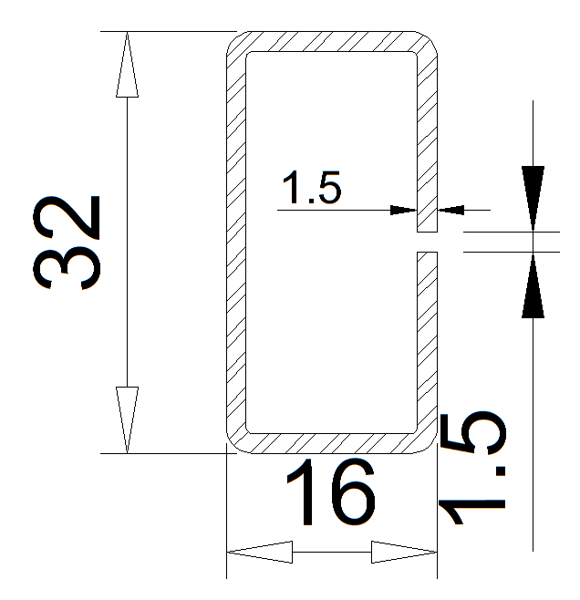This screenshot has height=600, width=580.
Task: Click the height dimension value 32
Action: [x=67, y=243]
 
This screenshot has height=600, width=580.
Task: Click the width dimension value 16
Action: [x=331, y=492]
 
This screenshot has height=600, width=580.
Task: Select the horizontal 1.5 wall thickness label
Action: [x=311, y=187]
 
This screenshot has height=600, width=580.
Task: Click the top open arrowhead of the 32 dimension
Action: [x=127, y=64]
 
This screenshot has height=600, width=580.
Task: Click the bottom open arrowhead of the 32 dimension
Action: [x=127, y=419]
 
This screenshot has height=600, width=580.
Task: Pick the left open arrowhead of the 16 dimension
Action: [x=260, y=552]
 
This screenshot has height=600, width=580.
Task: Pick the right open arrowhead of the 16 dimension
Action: [x=404, y=552]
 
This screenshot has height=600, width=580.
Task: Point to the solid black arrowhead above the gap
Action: [x=533, y=198]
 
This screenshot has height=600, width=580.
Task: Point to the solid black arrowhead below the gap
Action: [x=533, y=285]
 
